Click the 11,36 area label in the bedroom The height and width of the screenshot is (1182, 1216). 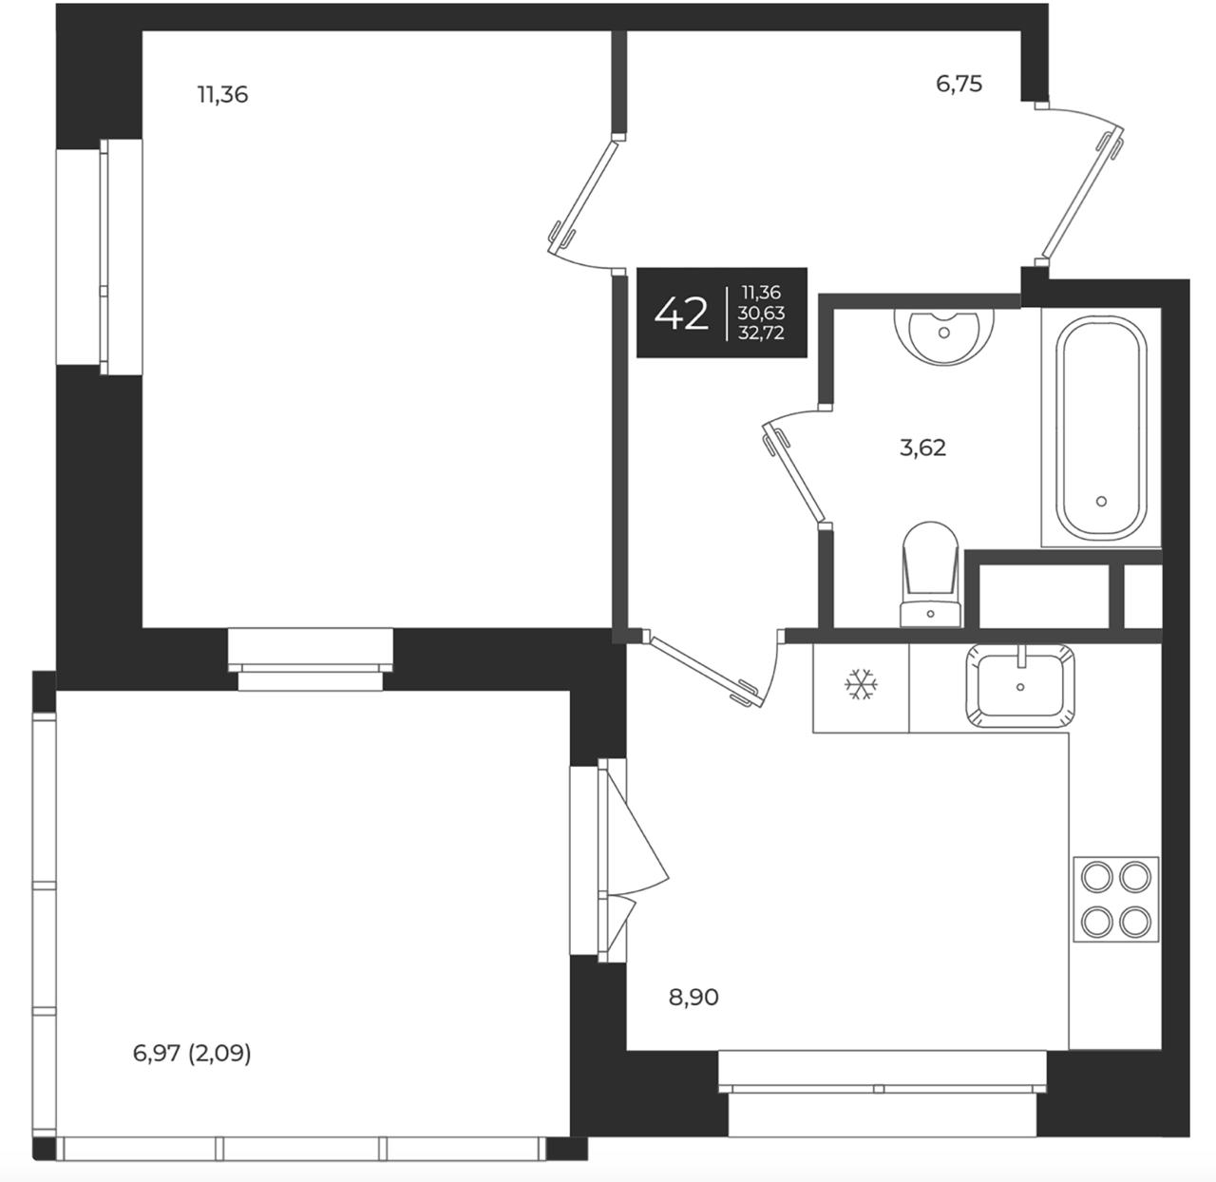[223, 95]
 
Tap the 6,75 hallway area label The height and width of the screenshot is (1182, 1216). [959, 84]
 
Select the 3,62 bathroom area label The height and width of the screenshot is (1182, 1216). [923, 448]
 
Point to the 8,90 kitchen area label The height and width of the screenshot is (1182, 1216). [693, 997]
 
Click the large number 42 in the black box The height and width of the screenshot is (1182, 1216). [681, 314]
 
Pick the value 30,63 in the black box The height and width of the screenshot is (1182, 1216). [761, 313]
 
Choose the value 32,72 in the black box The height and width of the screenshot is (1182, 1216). [761, 333]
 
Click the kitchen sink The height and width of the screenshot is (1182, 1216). [1019, 686]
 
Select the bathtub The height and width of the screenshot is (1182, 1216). [1101, 429]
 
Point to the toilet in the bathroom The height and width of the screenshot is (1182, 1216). [930, 574]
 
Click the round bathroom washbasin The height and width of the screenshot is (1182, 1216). [943, 337]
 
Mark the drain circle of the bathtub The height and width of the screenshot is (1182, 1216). [1102, 502]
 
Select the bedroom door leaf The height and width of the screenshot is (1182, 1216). [582, 197]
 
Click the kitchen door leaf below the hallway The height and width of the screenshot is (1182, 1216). [705, 669]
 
